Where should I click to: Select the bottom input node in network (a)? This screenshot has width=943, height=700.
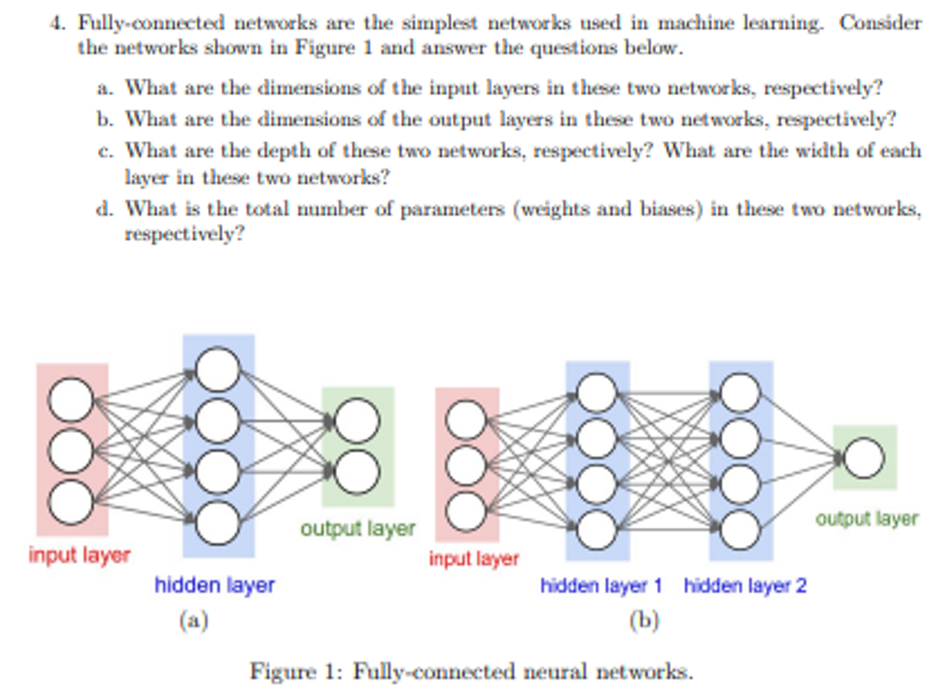72,501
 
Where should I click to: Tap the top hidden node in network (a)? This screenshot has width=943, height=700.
217,369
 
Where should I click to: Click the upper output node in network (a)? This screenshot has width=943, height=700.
358,421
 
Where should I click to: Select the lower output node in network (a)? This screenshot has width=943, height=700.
358,471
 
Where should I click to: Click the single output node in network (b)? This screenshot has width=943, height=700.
863,458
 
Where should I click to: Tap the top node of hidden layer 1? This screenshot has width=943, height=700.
597,393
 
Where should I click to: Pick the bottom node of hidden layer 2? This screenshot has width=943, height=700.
740,528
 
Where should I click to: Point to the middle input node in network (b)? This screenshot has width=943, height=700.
466,465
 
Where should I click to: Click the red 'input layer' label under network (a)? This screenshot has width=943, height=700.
79,555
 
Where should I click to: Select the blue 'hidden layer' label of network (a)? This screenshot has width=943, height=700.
215,585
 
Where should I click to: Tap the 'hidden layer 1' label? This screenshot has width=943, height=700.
600,585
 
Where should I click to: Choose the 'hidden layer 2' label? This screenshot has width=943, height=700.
744,585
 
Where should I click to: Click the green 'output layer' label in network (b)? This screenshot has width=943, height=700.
866,518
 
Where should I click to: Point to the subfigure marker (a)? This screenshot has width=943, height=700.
193,620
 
